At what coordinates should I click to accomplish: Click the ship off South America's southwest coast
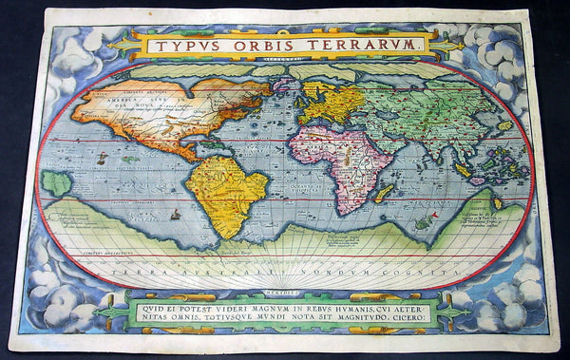(x=176, y=215)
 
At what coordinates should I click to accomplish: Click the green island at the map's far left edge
(x=56, y=182)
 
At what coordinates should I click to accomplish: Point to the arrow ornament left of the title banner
(x=122, y=45)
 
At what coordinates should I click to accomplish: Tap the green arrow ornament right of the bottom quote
(x=452, y=312)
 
